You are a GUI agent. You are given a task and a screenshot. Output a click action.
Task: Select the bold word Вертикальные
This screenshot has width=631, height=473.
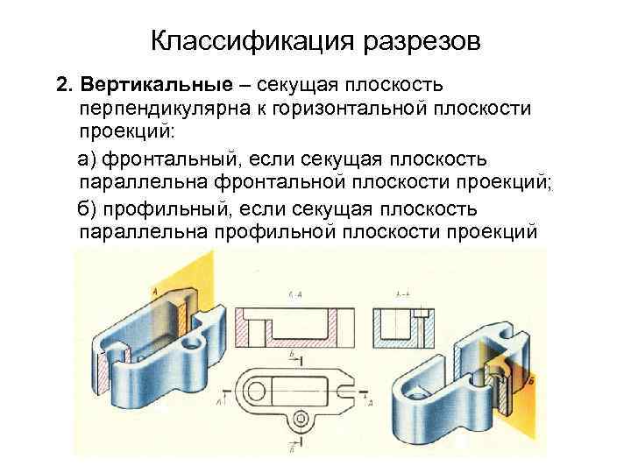click(157, 87)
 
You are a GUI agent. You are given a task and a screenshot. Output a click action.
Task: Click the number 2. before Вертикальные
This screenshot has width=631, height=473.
click(62, 87)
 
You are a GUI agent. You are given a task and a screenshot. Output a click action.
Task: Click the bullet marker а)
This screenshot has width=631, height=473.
click(89, 159)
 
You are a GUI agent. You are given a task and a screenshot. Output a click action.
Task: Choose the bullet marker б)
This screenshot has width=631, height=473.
click(89, 208)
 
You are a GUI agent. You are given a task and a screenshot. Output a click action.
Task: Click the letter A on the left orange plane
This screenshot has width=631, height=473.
click(154, 289)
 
